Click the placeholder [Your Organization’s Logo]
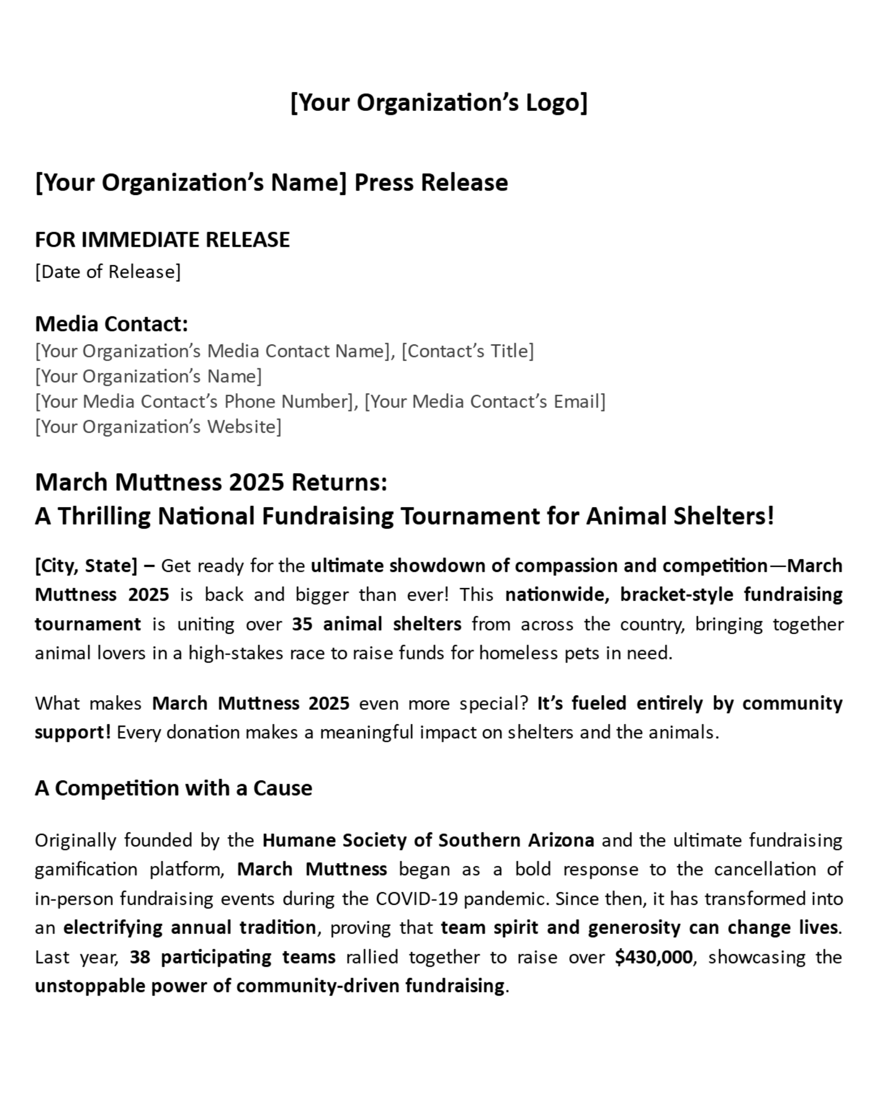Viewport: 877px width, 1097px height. (x=438, y=103)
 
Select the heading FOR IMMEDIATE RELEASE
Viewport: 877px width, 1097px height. (x=162, y=240)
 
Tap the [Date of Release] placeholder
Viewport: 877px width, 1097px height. (x=108, y=272)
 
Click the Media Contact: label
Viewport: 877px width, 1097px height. (x=111, y=324)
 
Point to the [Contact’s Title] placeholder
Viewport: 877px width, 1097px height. (x=467, y=351)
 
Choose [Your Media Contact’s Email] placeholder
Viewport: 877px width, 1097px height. (x=485, y=402)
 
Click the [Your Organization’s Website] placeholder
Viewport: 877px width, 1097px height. (x=158, y=426)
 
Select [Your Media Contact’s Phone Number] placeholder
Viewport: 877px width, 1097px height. (x=194, y=402)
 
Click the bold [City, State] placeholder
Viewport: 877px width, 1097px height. (x=86, y=566)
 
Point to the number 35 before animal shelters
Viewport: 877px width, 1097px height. (x=302, y=624)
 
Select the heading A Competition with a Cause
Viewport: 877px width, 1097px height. (x=174, y=788)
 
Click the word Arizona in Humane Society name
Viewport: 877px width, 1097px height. (x=561, y=840)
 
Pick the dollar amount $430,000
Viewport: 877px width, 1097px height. (x=653, y=957)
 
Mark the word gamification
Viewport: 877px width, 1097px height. (x=86, y=870)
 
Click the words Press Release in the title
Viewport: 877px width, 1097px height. (x=431, y=182)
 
